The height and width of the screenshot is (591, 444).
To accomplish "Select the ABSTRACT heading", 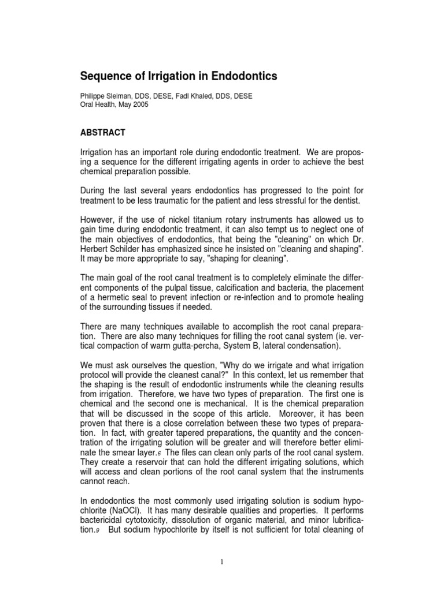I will point(102,133).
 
